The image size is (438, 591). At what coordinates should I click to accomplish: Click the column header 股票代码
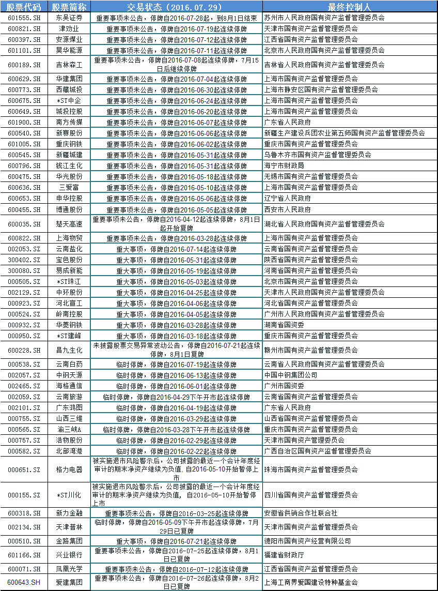point(24,7)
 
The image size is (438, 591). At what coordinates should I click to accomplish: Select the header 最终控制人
point(350,7)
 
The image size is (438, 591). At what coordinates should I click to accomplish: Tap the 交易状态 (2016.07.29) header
point(176,7)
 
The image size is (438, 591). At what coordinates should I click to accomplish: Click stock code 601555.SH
point(24,18)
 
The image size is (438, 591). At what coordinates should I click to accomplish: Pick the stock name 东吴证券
point(69,18)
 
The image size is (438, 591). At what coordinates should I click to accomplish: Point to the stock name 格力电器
point(69,469)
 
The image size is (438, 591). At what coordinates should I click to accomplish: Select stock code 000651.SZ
point(24,469)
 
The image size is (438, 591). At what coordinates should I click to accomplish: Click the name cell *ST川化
point(69,495)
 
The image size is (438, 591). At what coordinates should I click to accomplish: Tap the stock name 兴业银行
point(69,555)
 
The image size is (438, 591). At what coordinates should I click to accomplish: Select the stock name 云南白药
point(69,364)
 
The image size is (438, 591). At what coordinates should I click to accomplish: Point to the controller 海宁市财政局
point(284,165)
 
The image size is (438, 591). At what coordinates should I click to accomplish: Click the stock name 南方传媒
point(69,122)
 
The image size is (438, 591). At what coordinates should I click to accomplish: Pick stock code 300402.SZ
point(24,260)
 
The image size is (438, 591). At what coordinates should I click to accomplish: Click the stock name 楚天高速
point(69,224)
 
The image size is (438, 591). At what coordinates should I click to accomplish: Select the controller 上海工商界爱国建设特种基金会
point(310,582)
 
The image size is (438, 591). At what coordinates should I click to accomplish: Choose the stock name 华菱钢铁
point(69,325)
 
